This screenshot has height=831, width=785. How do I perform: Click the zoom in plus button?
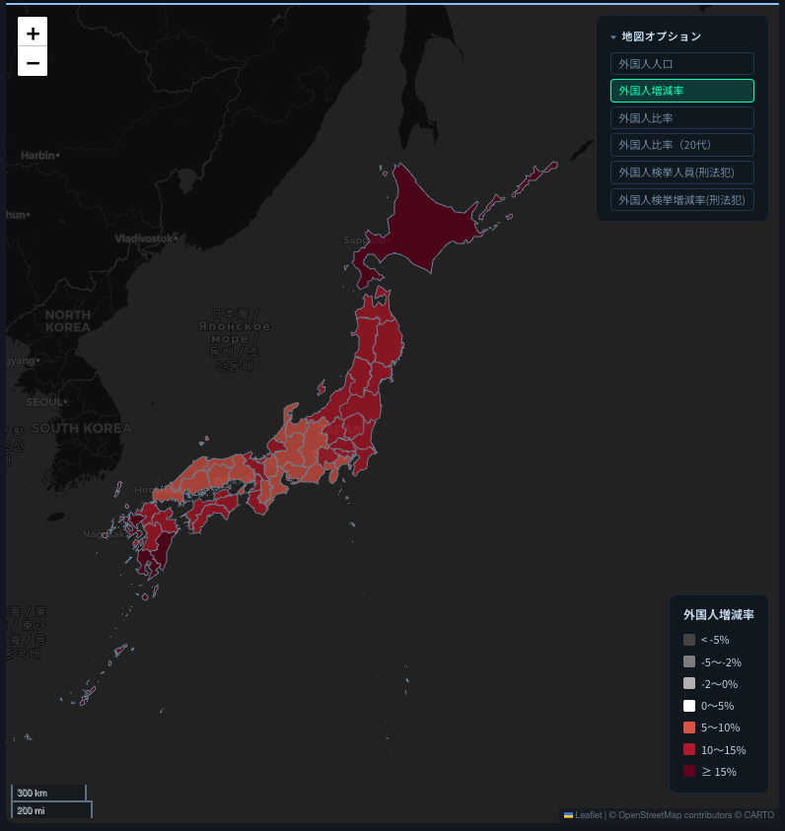click(x=33, y=33)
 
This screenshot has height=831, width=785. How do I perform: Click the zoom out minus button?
click(x=33, y=62)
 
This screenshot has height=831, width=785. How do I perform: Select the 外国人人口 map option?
click(x=681, y=63)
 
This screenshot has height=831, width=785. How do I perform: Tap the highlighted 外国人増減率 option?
click(x=681, y=91)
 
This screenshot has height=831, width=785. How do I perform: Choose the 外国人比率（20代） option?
click(x=681, y=145)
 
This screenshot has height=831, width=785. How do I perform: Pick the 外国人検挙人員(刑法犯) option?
click(x=681, y=173)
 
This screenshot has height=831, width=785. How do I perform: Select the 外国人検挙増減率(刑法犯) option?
click(x=681, y=199)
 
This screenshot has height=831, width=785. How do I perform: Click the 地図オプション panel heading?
click(x=661, y=36)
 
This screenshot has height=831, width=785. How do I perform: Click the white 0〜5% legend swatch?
click(x=689, y=706)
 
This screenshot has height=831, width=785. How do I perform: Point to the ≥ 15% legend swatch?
click(x=689, y=771)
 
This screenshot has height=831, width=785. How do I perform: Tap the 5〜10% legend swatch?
click(x=689, y=727)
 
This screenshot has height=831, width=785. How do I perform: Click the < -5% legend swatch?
click(x=689, y=640)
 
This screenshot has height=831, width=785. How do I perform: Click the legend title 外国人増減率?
click(x=718, y=614)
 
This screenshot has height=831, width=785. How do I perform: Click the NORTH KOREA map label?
click(x=68, y=320)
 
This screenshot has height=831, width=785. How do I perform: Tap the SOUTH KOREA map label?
click(x=81, y=428)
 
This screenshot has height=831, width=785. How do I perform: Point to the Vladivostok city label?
click(x=144, y=239)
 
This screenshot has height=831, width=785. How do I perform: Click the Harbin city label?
click(x=38, y=155)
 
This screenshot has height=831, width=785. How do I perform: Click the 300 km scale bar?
click(x=48, y=793)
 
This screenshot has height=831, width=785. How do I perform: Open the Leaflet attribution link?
click(x=588, y=815)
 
